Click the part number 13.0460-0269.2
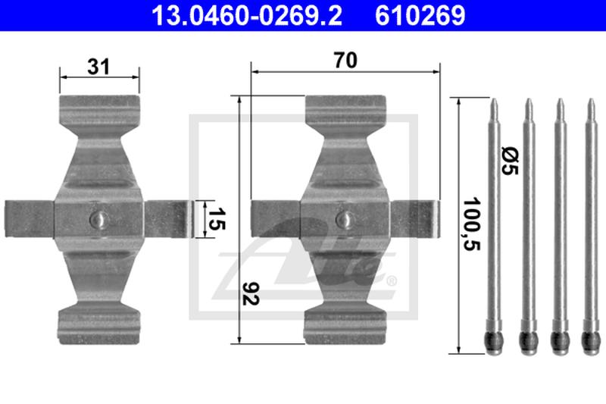237,14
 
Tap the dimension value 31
98,66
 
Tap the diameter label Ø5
508,161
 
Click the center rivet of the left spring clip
98,218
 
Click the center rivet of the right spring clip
345,218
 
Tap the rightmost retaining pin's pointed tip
590,105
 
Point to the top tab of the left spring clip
99,109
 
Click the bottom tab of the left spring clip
99,322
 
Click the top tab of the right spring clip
345,109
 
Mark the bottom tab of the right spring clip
345,322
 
